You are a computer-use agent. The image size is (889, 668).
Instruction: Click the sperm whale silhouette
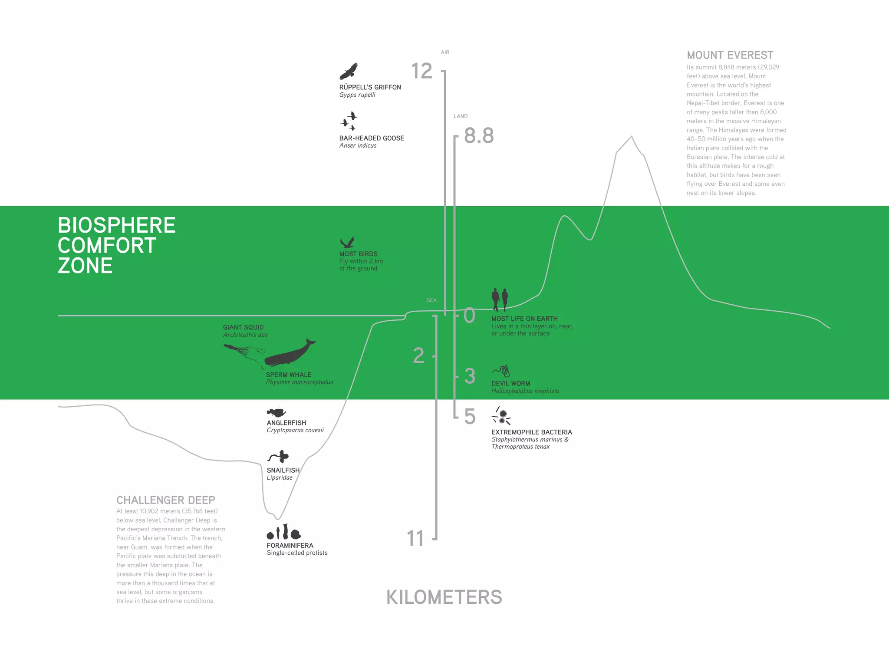point(289,354)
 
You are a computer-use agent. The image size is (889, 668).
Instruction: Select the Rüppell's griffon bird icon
point(349,72)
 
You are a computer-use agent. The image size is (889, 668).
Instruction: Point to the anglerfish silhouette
point(276,412)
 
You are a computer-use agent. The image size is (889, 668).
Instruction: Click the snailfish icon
point(279,457)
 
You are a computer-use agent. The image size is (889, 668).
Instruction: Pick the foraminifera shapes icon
point(283,532)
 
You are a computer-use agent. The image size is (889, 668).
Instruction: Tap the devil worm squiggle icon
point(501,371)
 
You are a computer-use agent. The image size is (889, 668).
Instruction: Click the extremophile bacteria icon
point(501,416)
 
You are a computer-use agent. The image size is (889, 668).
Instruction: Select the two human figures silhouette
point(500,299)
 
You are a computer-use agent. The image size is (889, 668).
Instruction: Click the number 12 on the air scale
point(421,71)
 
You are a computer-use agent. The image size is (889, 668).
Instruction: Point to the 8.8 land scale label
point(479,136)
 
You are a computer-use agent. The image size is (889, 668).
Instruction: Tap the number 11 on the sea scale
point(415,539)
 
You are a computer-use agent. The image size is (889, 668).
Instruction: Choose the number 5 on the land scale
point(470,417)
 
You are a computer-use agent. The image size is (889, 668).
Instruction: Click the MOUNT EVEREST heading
point(730,55)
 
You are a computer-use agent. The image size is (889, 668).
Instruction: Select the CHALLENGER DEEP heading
point(165,500)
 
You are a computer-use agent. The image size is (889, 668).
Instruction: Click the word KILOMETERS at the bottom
point(444,597)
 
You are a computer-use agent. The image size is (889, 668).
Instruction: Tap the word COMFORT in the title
point(107,246)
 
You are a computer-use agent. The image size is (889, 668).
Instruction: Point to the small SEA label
point(431,300)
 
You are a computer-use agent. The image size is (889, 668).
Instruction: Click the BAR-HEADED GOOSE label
point(372,138)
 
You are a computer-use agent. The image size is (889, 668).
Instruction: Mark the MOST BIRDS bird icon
point(347,242)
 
